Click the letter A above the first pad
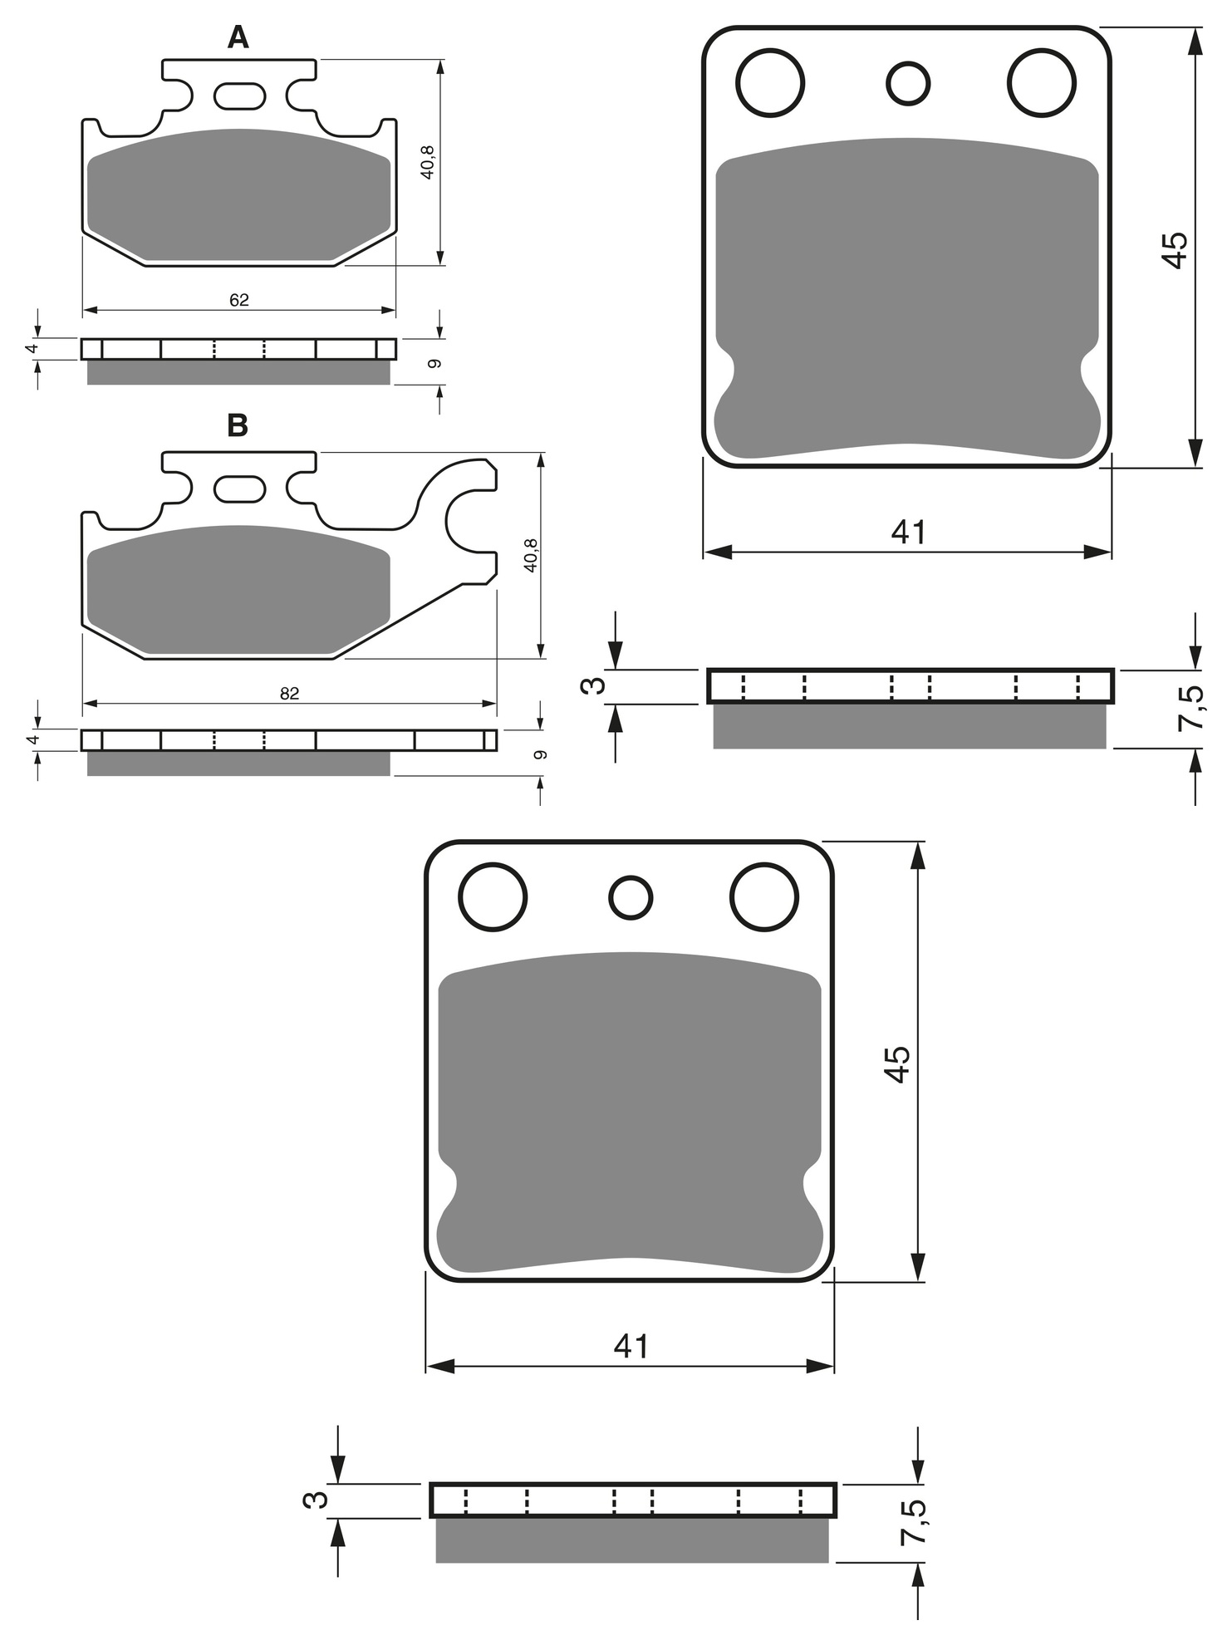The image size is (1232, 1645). pos(238,37)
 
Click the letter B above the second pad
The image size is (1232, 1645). pos(238,425)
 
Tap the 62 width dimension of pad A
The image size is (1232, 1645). pos(239,300)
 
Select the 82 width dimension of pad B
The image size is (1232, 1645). pos(289,694)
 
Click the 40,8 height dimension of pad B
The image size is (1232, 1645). pos(532,554)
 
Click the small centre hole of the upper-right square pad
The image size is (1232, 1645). pos(908,83)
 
